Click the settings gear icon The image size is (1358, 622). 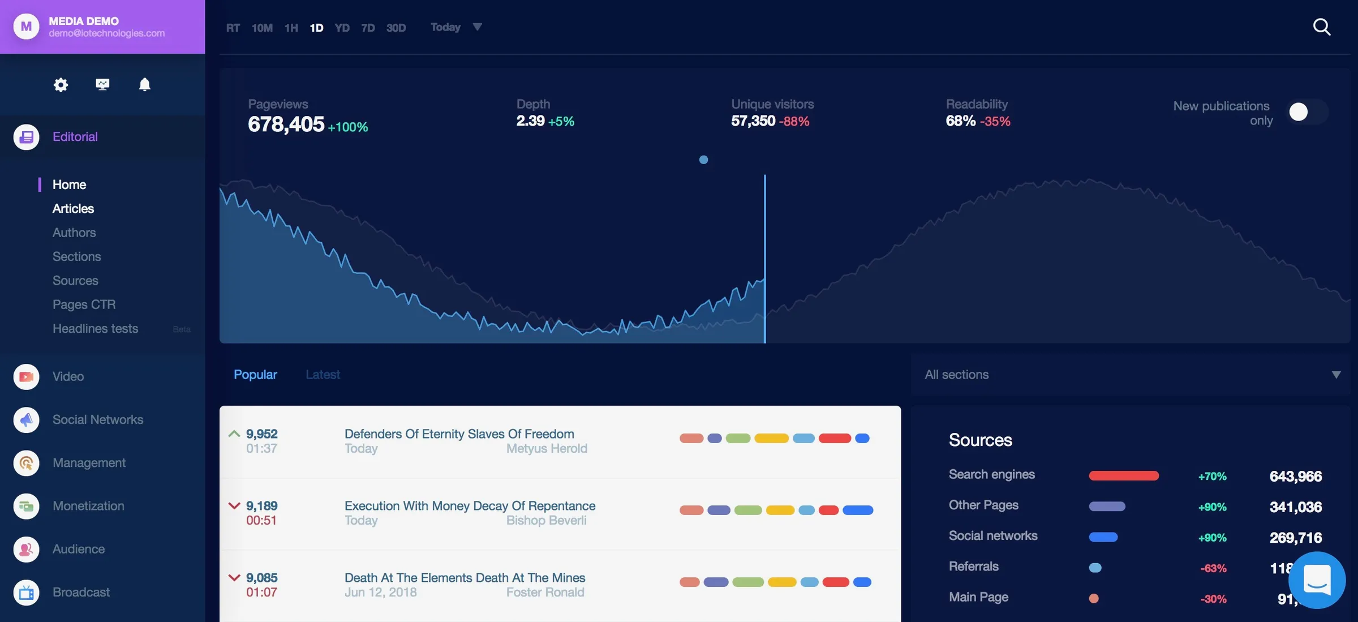(61, 85)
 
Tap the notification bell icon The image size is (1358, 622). (145, 85)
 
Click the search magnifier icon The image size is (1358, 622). (1321, 27)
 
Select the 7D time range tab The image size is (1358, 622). (368, 28)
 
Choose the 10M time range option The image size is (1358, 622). (262, 28)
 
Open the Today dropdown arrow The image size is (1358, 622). (477, 27)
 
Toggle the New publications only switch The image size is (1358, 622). (1307, 112)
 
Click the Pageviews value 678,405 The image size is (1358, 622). (286, 125)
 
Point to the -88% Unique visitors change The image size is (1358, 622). (794, 121)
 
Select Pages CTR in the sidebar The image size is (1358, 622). (84, 304)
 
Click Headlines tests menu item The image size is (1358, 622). (95, 329)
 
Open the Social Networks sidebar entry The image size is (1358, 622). (97, 420)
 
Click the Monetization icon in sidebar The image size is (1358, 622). (26, 507)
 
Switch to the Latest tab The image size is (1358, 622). (323, 375)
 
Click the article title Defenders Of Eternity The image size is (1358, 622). (459, 434)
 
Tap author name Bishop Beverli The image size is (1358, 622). (546, 521)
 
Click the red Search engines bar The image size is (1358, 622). (1124, 476)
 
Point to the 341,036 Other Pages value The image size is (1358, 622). (1295, 507)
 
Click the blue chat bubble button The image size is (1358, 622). (1317, 580)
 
